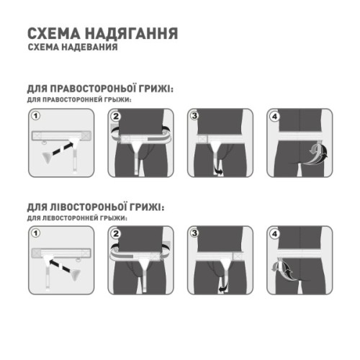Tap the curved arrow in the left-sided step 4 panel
pyautogui.click(x=284, y=271)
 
